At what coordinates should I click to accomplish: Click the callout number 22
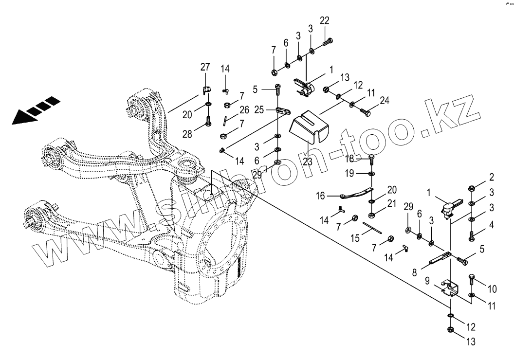tap(325, 20)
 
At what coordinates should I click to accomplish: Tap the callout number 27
tap(205, 67)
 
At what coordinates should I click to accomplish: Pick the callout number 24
tap(385, 101)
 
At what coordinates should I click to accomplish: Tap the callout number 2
tap(492, 177)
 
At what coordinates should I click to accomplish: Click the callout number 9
tap(427, 280)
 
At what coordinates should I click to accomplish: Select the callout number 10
tap(492, 289)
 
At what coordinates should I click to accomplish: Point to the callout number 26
tap(244, 110)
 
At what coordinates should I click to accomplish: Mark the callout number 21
tap(392, 208)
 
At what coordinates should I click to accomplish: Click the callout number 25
tap(259, 110)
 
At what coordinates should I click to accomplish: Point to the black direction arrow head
tap(22, 116)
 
